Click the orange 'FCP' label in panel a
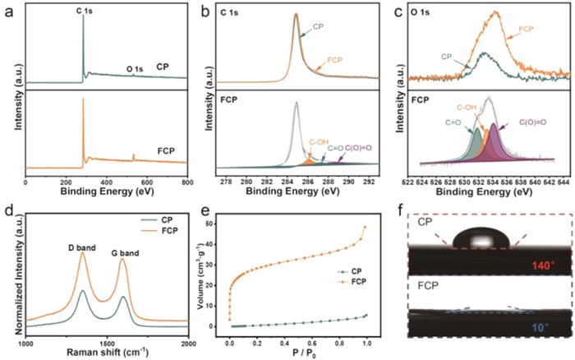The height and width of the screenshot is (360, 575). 168,151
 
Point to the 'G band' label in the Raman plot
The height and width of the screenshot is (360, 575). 125,245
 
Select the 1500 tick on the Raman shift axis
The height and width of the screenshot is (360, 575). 108,348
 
